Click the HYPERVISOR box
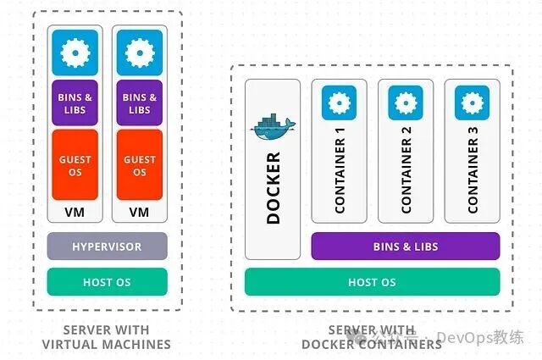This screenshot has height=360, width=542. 107,246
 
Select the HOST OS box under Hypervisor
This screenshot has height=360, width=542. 107,282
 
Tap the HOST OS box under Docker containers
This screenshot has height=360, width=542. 372,282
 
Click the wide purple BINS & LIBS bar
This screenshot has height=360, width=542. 405,246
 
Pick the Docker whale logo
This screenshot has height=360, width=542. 272,127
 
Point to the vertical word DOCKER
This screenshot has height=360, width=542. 273,188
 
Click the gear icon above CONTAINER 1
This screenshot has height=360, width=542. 339,102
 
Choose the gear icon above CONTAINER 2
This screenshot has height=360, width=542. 405,102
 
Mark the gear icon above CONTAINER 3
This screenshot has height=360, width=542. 471,102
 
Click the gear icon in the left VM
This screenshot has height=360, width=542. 75,53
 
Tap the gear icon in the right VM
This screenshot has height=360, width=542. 139,53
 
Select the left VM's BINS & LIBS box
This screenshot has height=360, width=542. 75,103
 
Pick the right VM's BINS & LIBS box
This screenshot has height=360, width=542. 139,103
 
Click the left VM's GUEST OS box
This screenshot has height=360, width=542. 75,165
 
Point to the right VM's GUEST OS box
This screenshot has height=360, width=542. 139,165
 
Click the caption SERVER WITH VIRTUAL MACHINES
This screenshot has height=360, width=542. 107,337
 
